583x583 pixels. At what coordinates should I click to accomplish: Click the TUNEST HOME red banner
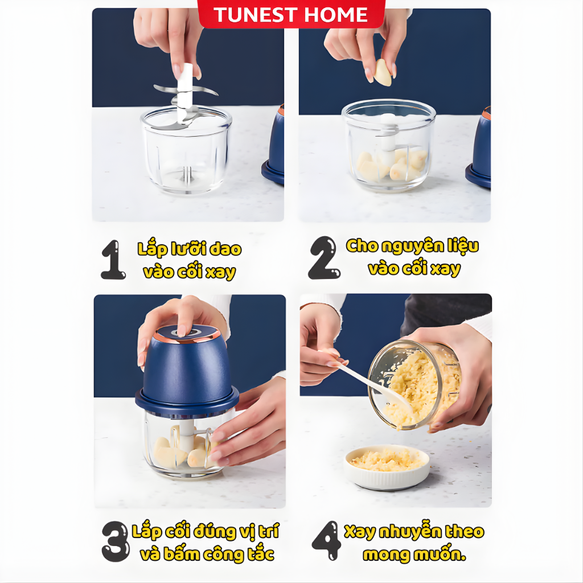[291, 14]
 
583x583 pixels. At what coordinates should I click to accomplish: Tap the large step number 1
[113, 260]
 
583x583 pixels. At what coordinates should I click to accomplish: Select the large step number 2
[323, 258]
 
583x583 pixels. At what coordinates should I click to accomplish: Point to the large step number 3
[116, 541]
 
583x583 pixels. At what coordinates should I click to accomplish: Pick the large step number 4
[326, 541]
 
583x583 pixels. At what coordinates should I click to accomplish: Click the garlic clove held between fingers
[383, 72]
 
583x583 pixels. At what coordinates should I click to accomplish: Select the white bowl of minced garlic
[387, 466]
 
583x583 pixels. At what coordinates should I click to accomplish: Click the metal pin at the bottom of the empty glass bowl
[187, 175]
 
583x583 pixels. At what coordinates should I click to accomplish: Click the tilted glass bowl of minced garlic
[414, 385]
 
